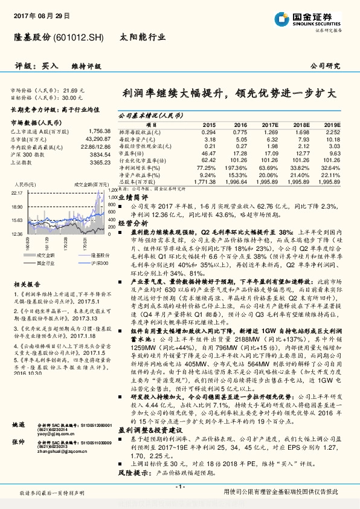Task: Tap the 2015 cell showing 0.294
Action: [x=208, y=131]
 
